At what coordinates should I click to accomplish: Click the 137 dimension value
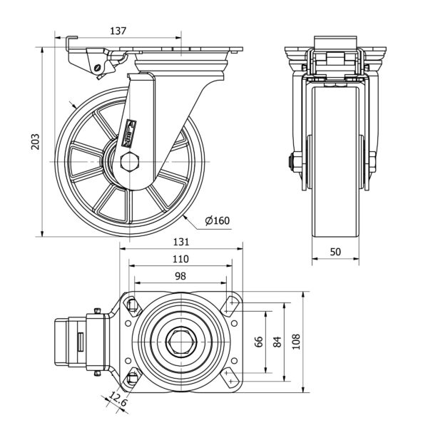[119, 31]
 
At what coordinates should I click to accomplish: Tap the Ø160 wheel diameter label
[215, 221]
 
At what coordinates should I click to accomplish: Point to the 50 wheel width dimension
[335, 253]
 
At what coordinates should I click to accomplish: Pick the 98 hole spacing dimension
[180, 275]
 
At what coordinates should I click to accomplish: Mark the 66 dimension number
[259, 342]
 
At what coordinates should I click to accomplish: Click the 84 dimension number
[276, 342]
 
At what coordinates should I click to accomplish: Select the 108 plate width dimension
[295, 342]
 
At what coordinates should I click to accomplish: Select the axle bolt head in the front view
[293, 163]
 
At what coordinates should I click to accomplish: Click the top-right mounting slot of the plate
[230, 306]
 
